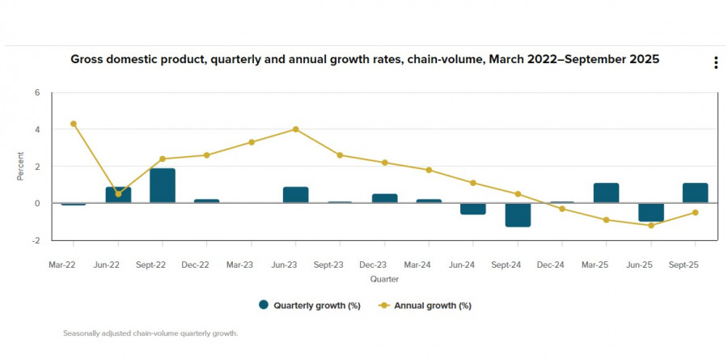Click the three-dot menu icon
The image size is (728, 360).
pos(716,63)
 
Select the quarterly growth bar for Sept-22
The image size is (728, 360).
pos(163,185)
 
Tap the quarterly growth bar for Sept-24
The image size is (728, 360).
pos(518,214)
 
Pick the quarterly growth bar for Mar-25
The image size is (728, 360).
pos(607,193)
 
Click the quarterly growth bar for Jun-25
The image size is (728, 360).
pos(651,212)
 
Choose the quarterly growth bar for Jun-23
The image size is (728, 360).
pos(296,194)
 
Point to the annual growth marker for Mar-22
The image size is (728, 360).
pos(74,124)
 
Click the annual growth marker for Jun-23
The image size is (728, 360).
pos(296,129)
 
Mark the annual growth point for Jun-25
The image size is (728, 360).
pos(651,225)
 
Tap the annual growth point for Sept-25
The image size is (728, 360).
pos(696,213)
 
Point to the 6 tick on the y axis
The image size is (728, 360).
pos(36,92)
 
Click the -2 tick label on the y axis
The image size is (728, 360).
pos(35,240)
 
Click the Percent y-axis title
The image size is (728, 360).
pos(21,166)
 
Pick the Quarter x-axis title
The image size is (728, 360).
pos(384,278)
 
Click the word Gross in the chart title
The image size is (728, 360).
pos(87,59)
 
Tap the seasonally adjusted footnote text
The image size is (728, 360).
pos(150,332)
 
